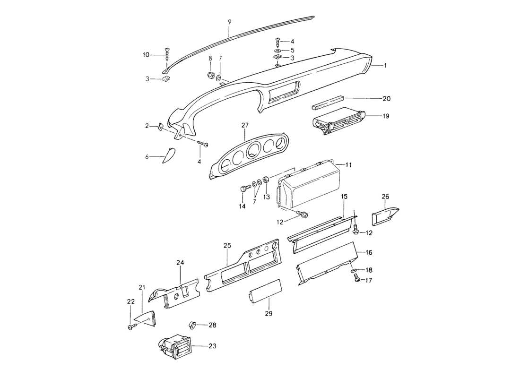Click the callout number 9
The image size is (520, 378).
pos(229,22)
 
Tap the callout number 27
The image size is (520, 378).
pos(244,125)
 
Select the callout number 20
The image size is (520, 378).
pos(387,98)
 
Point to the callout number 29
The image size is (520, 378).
pos(269,313)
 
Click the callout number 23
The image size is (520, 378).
pos(212,346)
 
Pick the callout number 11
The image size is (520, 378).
pos(348,165)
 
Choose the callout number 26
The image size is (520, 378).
pos(385,197)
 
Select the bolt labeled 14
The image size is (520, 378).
pos(244,189)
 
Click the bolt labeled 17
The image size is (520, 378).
pos(357,280)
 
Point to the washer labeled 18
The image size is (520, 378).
pos(354,270)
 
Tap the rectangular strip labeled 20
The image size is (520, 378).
pos(327,102)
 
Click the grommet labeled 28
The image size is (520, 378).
pos(193,325)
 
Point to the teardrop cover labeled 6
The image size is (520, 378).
pos(169,155)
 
